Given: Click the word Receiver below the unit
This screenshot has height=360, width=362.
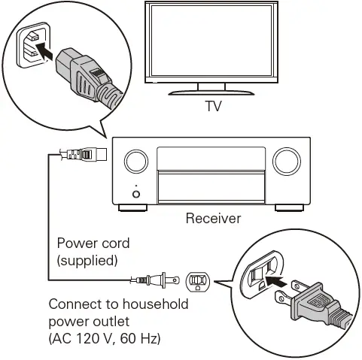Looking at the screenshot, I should pyautogui.click(x=214, y=219).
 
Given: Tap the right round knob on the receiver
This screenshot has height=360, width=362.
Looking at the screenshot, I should pyautogui.click(x=287, y=161).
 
